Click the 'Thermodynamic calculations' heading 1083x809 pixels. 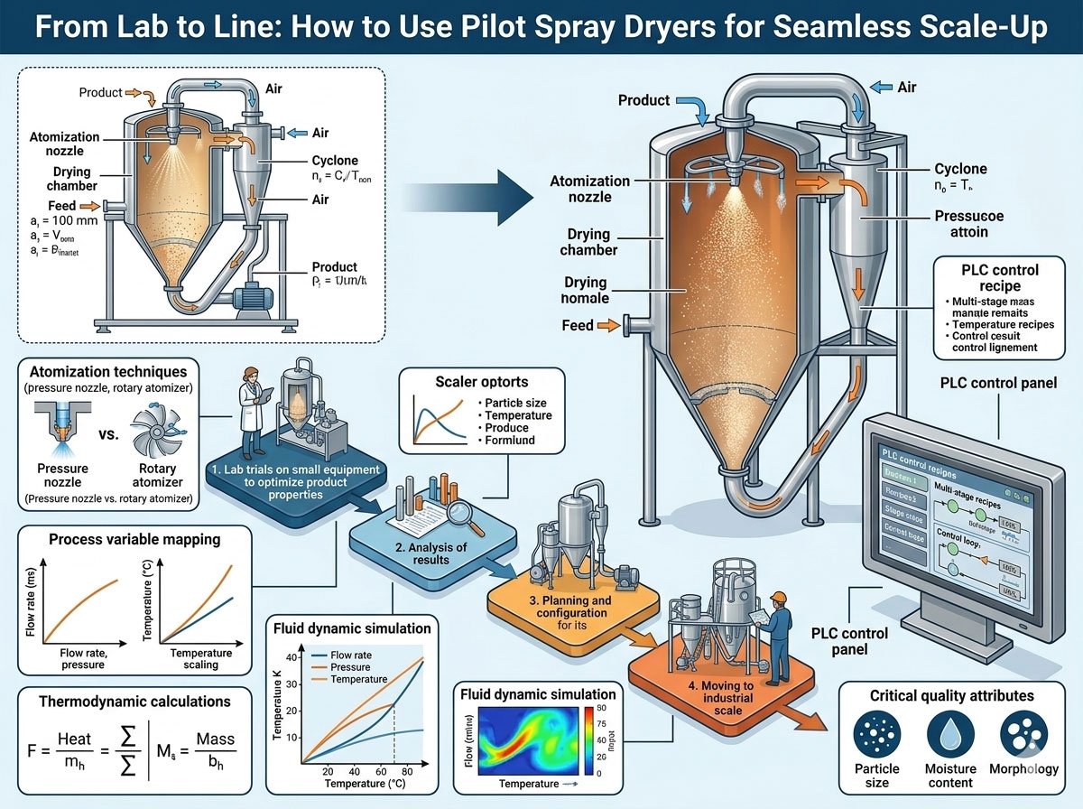pos(134,702)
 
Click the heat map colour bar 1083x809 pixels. pos(589,741)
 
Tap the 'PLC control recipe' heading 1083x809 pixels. pos(999,278)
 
